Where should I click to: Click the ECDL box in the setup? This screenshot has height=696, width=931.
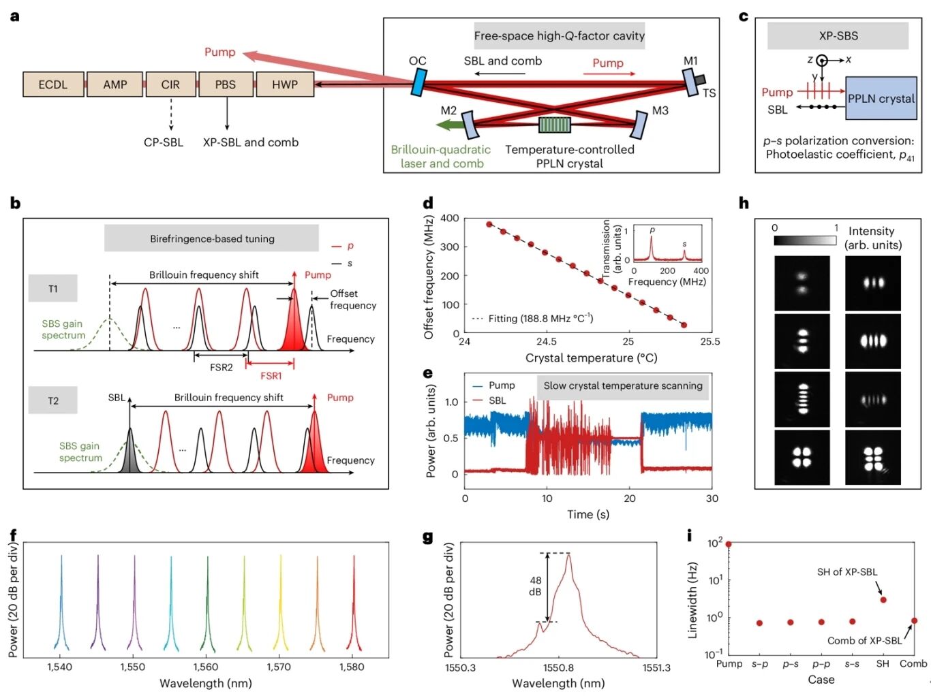[x=53, y=84]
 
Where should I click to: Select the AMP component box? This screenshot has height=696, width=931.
[x=115, y=84]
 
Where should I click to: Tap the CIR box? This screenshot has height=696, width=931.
[x=170, y=84]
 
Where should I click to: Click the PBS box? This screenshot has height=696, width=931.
[x=226, y=84]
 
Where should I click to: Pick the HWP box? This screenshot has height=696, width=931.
[x=285, y=84]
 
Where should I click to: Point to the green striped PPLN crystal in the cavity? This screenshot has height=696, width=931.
[x=554, y=125]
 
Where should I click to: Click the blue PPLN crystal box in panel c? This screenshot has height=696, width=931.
[x=881, y=99]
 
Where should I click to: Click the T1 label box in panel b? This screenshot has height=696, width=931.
[x=52, y=289]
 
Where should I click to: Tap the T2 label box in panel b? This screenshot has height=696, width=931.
[x=52, y=400]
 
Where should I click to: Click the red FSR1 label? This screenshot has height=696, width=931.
[x=271, y=376]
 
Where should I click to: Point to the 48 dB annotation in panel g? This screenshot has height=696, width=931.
[x=536, y=586]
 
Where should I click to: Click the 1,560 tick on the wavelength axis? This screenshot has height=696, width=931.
[x=206, y=667]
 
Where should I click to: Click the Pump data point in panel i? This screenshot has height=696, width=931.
[x=729, y=544]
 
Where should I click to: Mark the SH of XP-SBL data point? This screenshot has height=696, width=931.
[x=883, y=600]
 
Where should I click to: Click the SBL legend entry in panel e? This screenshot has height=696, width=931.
[x=497, y=400]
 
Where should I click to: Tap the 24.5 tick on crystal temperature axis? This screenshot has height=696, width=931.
[x=547, y=341]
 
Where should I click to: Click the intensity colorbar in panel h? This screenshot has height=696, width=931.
[x=805, y=240]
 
